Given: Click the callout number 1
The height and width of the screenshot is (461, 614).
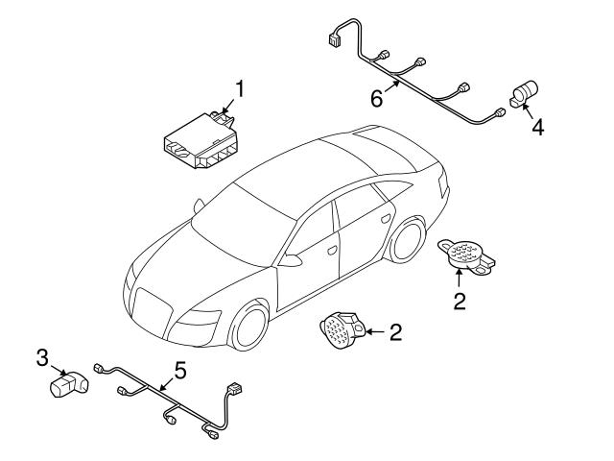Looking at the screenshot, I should point(240,90).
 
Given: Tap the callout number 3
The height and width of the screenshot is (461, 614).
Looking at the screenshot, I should point(42,358).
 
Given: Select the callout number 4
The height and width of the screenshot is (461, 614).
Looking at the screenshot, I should point(538,128).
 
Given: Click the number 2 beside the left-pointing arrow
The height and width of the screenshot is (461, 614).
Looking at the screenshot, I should point(395,332).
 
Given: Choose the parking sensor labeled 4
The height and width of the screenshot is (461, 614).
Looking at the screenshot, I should point(524,94).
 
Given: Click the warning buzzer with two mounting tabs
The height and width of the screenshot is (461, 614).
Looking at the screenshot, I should point(464,254).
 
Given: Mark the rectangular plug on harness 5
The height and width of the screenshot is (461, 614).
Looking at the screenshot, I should point(233,393).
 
